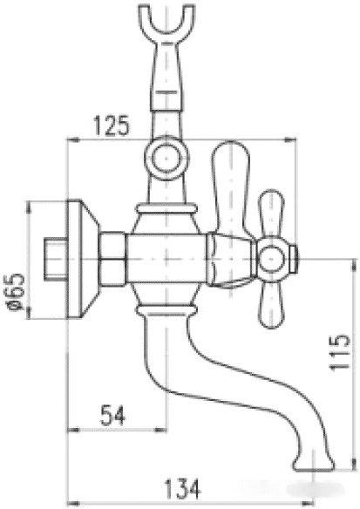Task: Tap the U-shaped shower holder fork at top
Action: [x=165, y=27]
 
